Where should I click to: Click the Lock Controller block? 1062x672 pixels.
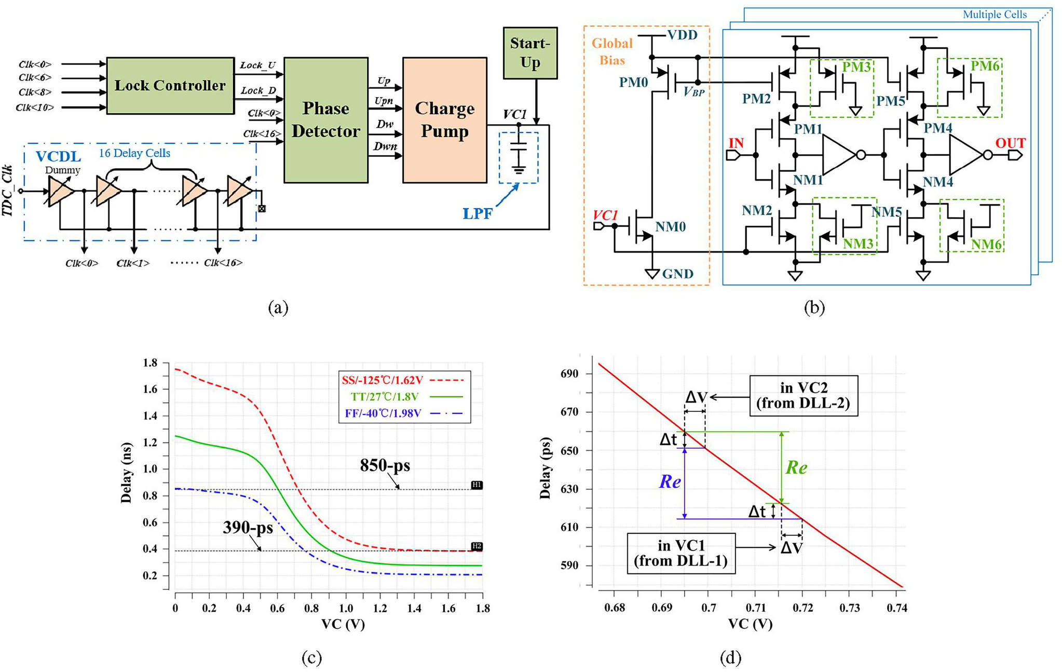click(170, 86)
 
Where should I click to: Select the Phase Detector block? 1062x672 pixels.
click(326, 120)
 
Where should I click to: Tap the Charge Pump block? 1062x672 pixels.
click(445, 120)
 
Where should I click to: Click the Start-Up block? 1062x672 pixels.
click(530, 53)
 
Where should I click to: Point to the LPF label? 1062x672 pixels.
click(478, 213)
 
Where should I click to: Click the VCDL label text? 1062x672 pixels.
click(58, 156)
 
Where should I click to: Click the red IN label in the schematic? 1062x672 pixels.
click(736, 143)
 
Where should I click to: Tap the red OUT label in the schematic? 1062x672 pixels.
click(1010, 143)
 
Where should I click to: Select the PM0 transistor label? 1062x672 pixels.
click(633, 83)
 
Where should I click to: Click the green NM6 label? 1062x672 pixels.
click(986, 244)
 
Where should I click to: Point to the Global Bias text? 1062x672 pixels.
click(612, 51)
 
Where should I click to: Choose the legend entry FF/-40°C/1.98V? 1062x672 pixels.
click(383, 413)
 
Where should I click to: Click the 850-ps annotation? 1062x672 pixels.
click(385, 465)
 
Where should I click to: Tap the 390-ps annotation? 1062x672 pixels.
click(248, 528)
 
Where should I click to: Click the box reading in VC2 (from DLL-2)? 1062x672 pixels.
click(804, 396)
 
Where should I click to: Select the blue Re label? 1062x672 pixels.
click(670, 482)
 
